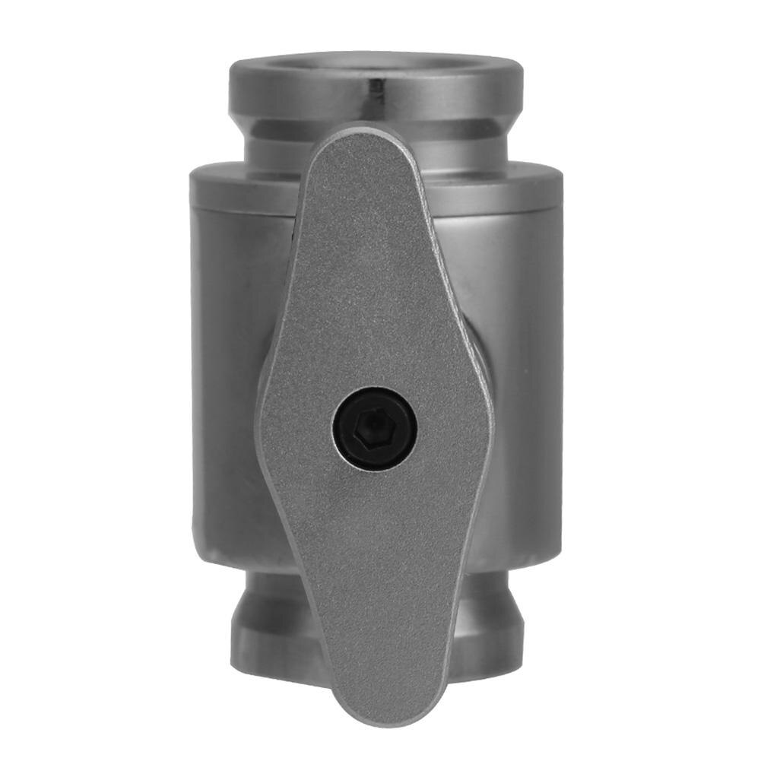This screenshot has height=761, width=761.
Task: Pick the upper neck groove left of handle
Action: pyautogui.click(x=281, y=141)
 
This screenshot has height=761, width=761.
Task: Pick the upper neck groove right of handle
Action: pyautogui.click(x=464, y=141)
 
